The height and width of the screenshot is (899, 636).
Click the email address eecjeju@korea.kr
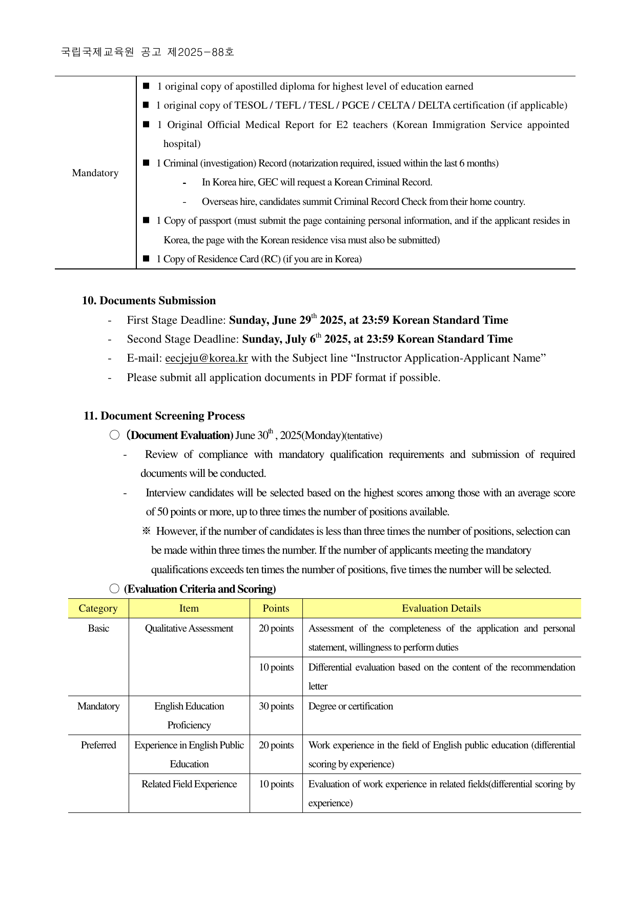coord(206,358)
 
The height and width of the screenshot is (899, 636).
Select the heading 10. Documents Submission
coord(149,301)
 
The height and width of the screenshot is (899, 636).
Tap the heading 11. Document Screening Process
coord(164,416)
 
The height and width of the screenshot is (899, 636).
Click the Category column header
coord(98,609)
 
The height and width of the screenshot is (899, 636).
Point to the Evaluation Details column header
coord(441,609)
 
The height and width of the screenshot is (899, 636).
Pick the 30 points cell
coord(276,706)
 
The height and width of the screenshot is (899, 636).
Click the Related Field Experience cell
coord(189,784)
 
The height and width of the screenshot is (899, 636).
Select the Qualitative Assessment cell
coord(189,629)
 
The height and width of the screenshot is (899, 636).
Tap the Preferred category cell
coord(98,745)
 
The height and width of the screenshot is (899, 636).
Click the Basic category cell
coord(98,629)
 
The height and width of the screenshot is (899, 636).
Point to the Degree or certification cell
coord(351,706)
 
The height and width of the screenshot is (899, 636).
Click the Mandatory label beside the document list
coord(95,173)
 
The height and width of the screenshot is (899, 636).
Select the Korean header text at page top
coord(148,52)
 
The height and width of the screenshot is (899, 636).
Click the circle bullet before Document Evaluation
coord(114,435)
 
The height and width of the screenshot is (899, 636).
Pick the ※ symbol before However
coord(147,531)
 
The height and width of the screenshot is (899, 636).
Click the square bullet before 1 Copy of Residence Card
coord(146,259)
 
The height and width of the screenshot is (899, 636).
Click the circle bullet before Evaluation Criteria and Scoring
coord(114,589)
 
